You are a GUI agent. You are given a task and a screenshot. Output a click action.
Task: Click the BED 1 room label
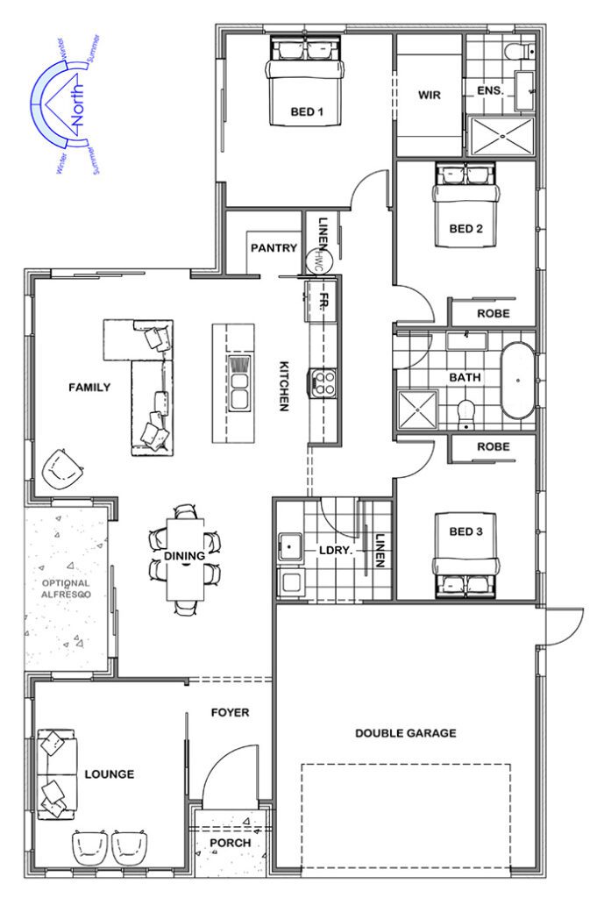click(308, 111)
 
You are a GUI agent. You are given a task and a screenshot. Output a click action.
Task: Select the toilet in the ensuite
click(518, 52)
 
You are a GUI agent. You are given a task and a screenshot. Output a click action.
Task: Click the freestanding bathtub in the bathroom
click(518, 381)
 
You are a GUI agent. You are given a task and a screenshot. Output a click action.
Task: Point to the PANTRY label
click(274, 248)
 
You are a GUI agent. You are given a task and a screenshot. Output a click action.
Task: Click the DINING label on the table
click(184, 555)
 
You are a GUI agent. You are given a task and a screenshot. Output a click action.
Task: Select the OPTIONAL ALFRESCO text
click(68, 588)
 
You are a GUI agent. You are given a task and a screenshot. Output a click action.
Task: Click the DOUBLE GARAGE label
click(405, 733)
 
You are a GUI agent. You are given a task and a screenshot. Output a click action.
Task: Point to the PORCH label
click(230, 843)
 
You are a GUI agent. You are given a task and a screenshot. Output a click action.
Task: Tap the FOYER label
click(231, 712)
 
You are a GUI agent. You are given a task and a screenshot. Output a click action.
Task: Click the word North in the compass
click(78, 103)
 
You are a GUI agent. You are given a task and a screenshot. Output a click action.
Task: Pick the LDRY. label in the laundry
click(335, 551)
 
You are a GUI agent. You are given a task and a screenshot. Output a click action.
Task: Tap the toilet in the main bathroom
click(466, 410)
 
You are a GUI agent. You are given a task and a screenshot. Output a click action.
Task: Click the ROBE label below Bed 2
click(494, 313)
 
